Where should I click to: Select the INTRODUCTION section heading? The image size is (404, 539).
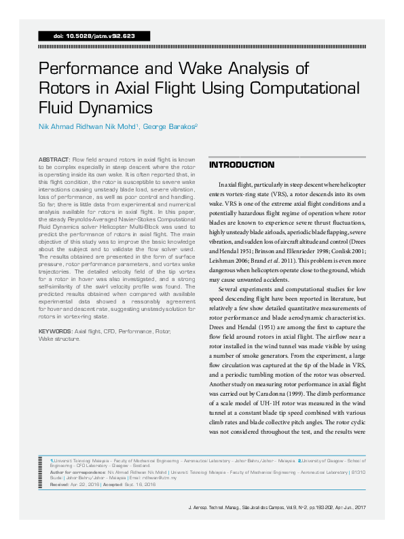click(242, 166)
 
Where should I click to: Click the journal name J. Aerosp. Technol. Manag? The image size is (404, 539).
click(215, 526)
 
